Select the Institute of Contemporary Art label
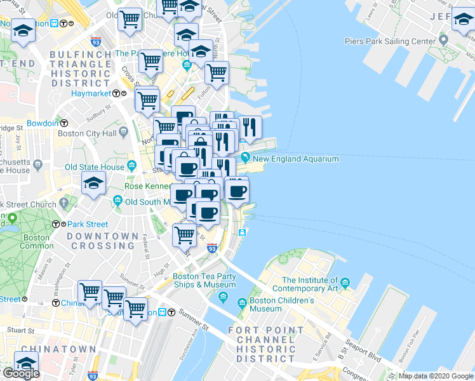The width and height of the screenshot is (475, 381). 310,284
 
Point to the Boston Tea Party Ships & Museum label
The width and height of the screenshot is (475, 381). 204,281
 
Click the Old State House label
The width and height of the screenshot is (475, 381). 95,167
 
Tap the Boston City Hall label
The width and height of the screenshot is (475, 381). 87,133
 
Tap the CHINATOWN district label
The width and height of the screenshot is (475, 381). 58,349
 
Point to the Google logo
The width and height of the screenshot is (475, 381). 20,373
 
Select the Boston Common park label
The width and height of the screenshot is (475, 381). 36,241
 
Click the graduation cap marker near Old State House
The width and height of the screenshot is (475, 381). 93,184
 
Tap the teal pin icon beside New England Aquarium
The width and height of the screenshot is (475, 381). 245,158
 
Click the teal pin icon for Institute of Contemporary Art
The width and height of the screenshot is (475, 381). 345,282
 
